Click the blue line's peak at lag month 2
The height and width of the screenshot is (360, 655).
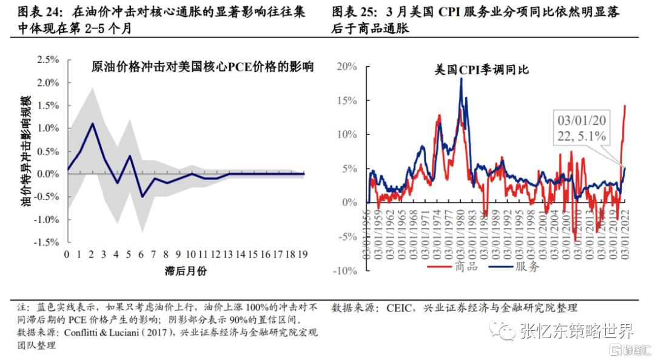tap(93, 124)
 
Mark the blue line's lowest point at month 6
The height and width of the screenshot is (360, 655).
tap(143, 196)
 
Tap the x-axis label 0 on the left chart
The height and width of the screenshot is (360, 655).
tap(67, 254)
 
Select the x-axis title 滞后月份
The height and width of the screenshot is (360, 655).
tap(185, 270)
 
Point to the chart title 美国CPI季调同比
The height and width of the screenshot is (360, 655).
tap(482, 70)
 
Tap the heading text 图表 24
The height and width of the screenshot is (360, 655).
tap(38, 12)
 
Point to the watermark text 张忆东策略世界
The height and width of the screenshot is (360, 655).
tap(576, 331)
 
